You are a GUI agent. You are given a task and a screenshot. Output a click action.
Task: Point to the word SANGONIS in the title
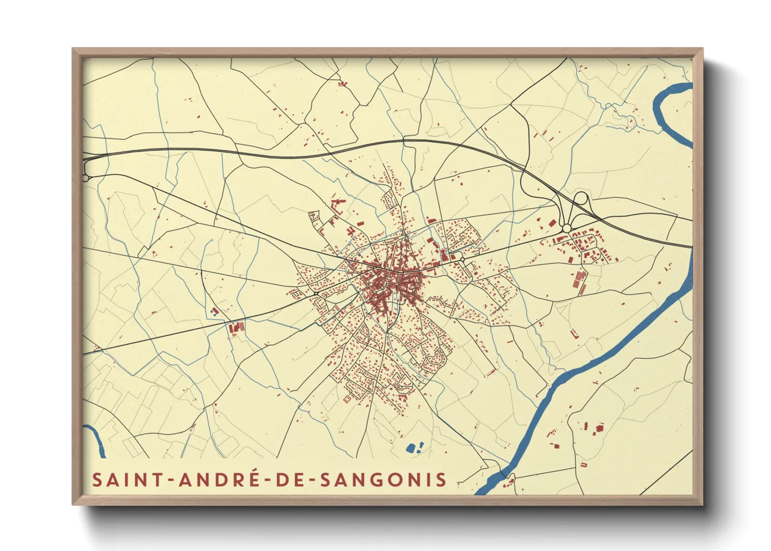pos(383,480)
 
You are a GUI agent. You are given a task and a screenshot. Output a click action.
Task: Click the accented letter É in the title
pos(253,479)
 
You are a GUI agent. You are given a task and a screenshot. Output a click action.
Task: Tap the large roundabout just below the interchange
pos(566,228)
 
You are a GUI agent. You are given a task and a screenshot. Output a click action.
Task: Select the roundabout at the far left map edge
pos(85,178)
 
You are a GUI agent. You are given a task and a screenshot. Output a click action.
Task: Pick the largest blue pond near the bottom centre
pos(411,448)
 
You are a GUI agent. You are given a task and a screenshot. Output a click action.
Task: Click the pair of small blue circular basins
pos(213,311)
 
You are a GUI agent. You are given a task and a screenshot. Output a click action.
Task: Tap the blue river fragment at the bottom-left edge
pos(96,440)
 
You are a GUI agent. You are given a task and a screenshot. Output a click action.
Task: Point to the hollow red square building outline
pos(347,399)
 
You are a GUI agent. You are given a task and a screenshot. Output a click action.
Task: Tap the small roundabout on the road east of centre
pos(462,259)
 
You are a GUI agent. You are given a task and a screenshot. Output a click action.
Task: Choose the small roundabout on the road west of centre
pos(316,294)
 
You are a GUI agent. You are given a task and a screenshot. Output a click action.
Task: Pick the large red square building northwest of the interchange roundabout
pos(552,223)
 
